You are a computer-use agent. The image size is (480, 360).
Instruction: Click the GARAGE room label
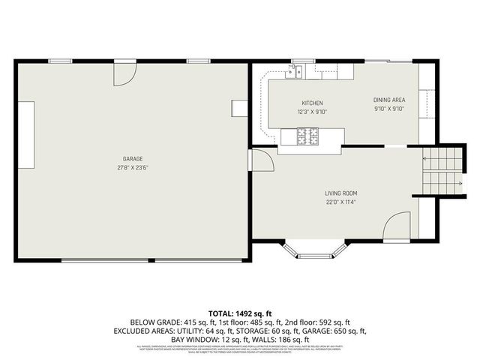(133, 158)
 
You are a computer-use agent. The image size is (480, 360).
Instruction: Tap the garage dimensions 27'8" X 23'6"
(133, 167)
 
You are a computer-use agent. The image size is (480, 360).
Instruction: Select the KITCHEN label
(312, 103)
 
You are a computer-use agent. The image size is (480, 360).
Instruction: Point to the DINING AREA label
(389, 100)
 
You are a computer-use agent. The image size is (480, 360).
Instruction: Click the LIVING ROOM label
(340, 193)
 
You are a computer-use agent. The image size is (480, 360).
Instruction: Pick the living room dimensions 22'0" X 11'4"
(340, 202)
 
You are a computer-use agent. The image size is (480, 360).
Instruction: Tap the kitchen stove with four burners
(308, 136)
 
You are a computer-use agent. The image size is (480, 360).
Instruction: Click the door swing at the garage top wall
(124, 73)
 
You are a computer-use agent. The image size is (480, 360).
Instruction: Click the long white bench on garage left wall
(28, 136)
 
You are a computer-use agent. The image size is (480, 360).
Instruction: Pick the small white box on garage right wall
(239, 108)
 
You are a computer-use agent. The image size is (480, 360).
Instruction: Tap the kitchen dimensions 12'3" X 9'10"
(312, 112)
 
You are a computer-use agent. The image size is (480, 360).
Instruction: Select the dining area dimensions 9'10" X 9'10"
(389, 109)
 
